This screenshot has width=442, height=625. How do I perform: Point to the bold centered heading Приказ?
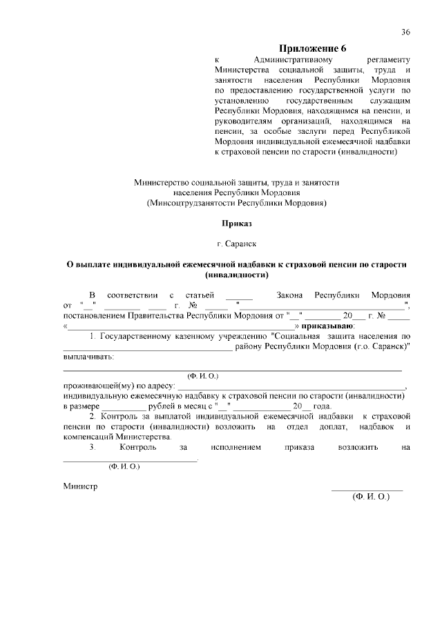tap(237, 224)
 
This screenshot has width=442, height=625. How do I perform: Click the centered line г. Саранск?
tap(237, 244)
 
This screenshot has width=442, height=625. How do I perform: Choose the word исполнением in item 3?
tap(237, 448)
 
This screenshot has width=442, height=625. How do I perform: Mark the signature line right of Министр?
tap(367, 489)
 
